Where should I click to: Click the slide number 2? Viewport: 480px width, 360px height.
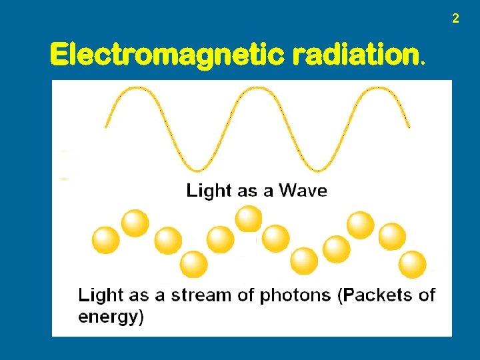pyautogui.click(x=455, y=19)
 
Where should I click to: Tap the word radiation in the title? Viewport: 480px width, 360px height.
pyautogui.click(x=355, y=55)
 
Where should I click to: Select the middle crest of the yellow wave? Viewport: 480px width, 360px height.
pyautogui.click(x=257, y=89)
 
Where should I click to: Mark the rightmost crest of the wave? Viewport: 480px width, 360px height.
pyautogui.click(x=375, y=89)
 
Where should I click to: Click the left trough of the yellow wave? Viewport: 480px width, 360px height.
pyautogui.click(x=197, y=169)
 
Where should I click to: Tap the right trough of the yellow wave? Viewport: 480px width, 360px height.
pyautogui.click(x=316, y=169)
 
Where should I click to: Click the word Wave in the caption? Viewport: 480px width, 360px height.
pyautogui.click(x=303, y=191)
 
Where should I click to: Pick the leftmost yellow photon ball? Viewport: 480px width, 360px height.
pyautogui.click(x=105, y=241)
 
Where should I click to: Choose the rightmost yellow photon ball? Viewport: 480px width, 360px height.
pyautogui.click(x=413, y=264)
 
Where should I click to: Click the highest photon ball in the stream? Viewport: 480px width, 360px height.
pyautogui.click(x=249, y=218)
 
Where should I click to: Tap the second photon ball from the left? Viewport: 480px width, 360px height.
pyautogui.click(x=135, y=223)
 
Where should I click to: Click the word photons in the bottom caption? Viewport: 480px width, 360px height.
pyautogui.click(x=297, y=295)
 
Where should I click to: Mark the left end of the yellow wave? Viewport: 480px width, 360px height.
pyautogui.click(x=107, y=125)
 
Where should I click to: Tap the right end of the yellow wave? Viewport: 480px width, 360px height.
pyautogui.click(x=408, y=125)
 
